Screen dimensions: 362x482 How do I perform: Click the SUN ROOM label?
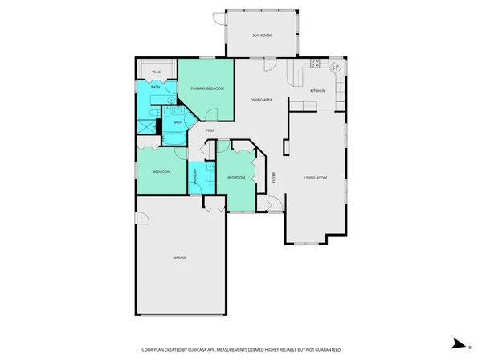coord(261,35)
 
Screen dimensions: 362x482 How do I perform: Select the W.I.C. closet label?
coord(157,72)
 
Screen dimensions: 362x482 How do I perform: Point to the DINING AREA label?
coord(261,100)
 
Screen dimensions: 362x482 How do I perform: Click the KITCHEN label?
coord(317,90)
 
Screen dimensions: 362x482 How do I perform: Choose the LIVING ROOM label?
coord(315,177)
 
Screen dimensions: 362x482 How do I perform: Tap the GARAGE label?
coord(180,257)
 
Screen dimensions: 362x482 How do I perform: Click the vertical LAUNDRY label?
coord(196,179)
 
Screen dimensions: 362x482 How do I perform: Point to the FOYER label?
coord(273,177)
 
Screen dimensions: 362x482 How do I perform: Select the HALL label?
coord(210,130)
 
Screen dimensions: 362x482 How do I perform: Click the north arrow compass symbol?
coord(456,343)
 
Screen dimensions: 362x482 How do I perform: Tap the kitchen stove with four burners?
coord(315,64)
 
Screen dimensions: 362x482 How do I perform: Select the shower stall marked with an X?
coord(147,125)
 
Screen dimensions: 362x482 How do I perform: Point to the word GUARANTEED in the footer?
coord(326,350)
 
